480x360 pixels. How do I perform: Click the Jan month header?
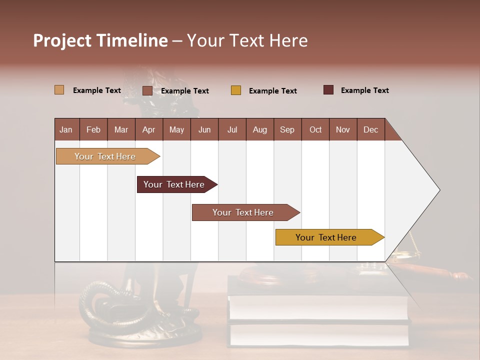pyautogui.click(x=66, y=129)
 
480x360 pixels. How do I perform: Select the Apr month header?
pyautogui.click(x=148, y=129)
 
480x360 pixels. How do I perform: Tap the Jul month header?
pyautogui.click(x=232, y=129)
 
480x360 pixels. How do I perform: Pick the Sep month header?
pyautogui.click(x=287, y=129)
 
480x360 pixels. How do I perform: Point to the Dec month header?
pyautogui.click(x=370, y=129)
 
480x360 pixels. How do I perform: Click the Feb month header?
pyautogui.click(x=93, y=129)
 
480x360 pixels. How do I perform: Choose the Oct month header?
pyautogui.click(x=315, y=129)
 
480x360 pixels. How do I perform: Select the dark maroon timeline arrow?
pyautogui.click(x=175, y=184)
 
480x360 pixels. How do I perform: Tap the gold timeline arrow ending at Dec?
pyautogui.click(x=327, y=237)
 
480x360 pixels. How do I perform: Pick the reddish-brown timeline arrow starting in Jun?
pyautogui.click(x=244, y=212)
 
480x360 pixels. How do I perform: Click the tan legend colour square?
pyautogui.click(x=59, y=90)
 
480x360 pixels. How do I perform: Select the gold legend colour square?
pyautogui.click(x=236, y=90)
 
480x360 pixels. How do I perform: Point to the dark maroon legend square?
pyautogui.click(x=328, y=90)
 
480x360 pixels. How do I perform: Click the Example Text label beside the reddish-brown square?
pyautogui.click(x=184, y=91)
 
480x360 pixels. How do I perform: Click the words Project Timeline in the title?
pyautogui.click(x=100, y=40)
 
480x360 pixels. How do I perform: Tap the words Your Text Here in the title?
pyautogui.click(x=247, y=40)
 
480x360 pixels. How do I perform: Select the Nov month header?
pyautogui.click(x=343, y=129)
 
